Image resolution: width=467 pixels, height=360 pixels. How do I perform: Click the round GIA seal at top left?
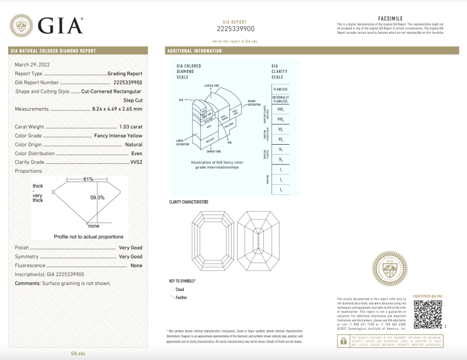coord(22,26)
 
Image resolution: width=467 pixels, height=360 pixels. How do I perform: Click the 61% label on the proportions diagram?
coord(88,179)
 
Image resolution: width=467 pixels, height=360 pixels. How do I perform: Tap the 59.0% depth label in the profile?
coord(96,198)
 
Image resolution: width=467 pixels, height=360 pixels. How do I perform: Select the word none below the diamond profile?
coord(93,226)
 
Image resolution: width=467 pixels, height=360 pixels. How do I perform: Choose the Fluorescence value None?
coord(136,265)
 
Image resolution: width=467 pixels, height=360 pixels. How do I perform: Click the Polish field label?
coord(22,248)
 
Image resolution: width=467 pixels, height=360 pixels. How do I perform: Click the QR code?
coord(427,316)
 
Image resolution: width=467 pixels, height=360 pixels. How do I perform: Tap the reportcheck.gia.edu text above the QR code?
coord(427,297)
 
